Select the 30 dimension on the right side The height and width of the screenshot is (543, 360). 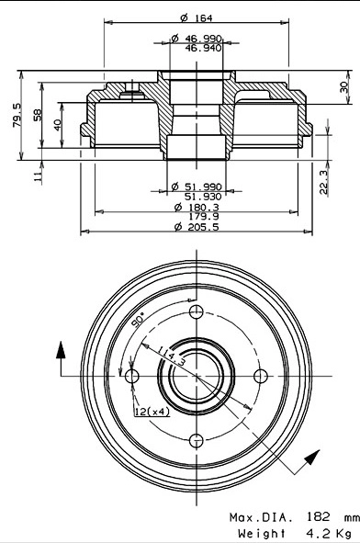click(x=343, y=86)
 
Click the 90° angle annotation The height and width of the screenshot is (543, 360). click(x=137, y=321)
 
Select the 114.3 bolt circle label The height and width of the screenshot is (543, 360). click(x=171, y=356)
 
